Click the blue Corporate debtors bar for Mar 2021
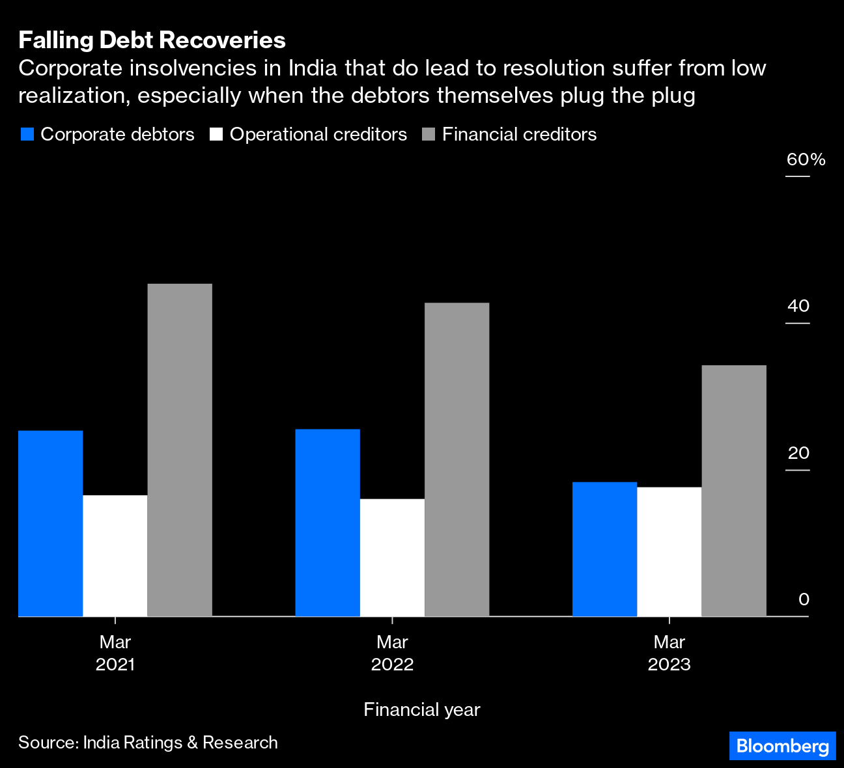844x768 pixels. (x=51, y=523)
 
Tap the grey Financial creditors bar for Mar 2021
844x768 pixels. (x=180, y=450)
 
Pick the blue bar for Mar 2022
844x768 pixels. (x=328, y=523)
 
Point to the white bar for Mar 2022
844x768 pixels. (x=392, y=557)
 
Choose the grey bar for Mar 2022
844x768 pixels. (x=457, y=459)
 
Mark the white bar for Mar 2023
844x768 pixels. (x=669, y=551)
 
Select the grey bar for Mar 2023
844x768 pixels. (x=733, y=491)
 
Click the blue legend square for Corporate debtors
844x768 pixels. (x=27, y=135)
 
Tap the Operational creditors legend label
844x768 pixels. (x=318, y=135)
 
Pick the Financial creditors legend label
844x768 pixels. (x=519, y=135)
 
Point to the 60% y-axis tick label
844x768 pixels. (x=806, y=159)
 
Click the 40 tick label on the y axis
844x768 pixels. (x=798, y=306)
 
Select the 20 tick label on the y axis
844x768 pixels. (x=798, y=453)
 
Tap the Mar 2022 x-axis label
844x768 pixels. (x=392, y=653)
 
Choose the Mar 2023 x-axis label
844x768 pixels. (x=669, y=653)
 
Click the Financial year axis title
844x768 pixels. (x=421, y=709)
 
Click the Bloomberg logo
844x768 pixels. (x=782, y=746)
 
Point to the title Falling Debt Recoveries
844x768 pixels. (x=152, y=40)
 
